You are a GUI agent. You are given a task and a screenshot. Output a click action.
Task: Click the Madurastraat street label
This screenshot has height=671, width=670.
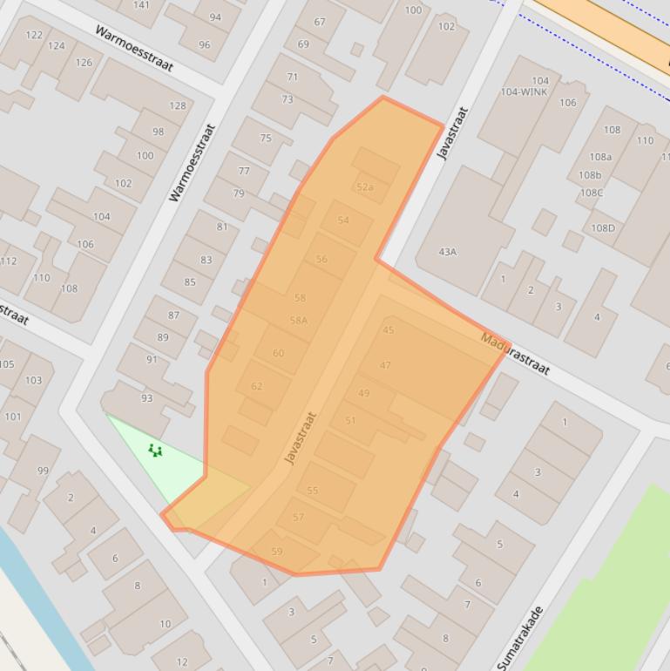516,353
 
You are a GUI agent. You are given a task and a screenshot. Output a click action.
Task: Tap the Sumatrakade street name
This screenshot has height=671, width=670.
522,637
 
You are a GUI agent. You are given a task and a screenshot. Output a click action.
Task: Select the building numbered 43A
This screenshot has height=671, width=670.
447,252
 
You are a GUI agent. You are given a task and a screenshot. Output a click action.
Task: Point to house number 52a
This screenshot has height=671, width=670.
364,187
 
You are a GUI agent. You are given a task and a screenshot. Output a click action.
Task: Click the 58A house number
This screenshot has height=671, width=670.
299,320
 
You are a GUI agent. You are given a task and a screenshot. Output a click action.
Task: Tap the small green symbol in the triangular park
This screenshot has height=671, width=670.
155,451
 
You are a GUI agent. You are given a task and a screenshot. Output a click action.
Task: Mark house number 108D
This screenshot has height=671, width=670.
603,228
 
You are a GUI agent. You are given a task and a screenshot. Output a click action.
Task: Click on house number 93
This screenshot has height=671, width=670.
146,398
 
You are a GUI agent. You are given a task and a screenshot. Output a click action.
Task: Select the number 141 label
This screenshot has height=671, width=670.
141,5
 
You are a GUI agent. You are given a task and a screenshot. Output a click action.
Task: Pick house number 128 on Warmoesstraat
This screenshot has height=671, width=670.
178,105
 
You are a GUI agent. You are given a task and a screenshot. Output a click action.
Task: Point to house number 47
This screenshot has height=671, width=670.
385,365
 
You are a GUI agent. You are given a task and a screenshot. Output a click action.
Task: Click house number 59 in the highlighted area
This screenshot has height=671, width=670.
277,552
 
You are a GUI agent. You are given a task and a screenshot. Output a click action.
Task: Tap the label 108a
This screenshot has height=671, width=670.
600,157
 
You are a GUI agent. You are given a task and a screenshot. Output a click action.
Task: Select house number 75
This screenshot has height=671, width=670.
266,138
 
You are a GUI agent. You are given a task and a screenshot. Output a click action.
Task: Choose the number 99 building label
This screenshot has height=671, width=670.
43,471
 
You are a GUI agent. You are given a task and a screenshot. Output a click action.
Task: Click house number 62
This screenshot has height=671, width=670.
256,386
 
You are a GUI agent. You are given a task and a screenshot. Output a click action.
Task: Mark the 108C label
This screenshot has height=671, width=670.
592,193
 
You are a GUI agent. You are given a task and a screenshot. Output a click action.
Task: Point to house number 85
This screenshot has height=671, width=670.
190,281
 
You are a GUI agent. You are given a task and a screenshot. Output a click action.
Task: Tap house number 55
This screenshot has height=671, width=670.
312,491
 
